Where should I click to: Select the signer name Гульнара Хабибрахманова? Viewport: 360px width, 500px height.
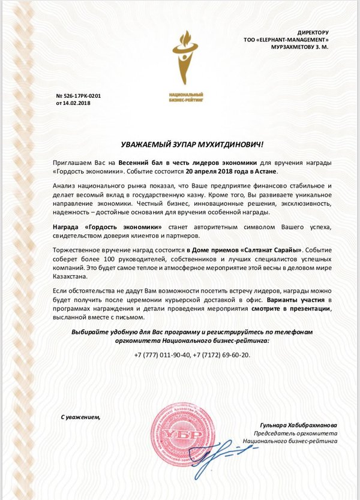[x=295, y=424]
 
